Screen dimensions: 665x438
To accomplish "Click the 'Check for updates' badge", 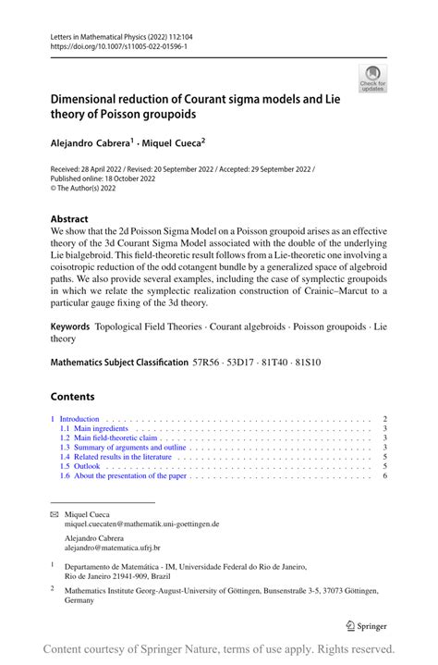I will (x=372, y=79).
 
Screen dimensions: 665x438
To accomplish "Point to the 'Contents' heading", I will (x=72, y=397).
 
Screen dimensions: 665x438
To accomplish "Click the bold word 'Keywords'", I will (x=70, y=326).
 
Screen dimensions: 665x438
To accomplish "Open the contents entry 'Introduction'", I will (x=79, y=419).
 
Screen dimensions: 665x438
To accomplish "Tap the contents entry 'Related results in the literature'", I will (x=121, y=457).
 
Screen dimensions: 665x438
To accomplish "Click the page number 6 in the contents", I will (x=383, y=475).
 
